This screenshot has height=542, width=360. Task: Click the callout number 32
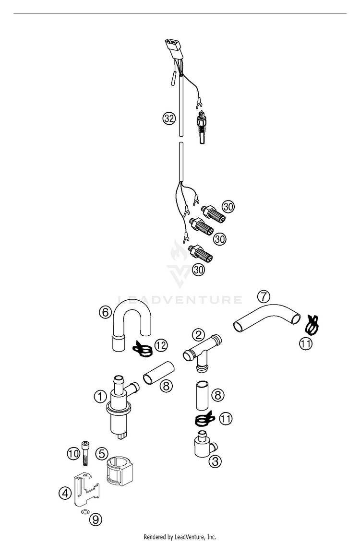click(x=168, y=118)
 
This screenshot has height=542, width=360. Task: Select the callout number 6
click(x=106, y=312)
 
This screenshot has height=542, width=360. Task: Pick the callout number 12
click(x=161, y=345)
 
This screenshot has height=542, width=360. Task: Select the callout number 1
click(x=100, y=397)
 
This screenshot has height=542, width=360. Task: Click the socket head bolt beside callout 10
click(x=85, y=453)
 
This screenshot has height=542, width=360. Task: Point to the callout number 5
click(x=101, y=452)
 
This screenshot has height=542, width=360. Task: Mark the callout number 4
click(x=65, y=492)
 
